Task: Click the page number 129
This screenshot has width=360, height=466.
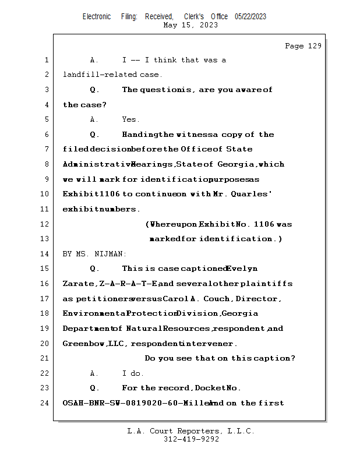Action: point(313,46)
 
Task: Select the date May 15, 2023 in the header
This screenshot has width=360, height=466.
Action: point(191,25)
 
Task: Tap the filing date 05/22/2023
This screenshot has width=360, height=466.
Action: point(250,17)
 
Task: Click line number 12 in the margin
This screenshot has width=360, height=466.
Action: point(45,224)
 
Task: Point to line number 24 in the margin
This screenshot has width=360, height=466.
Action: point(45,403)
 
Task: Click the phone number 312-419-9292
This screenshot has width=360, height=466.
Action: point(191,439)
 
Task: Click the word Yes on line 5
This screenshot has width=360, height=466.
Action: point(130,119)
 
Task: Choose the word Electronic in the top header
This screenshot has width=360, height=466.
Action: point(97,17)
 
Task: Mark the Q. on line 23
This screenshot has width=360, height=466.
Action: point(94,388)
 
